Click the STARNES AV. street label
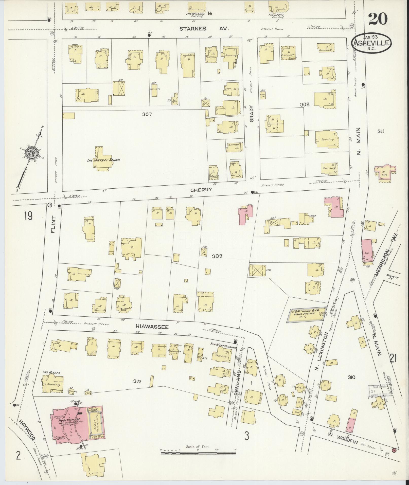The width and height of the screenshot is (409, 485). (x=204, y=29)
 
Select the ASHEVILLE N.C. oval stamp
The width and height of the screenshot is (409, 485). (x=371, y=43)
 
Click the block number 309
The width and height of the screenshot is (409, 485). (x=217, y=256)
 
